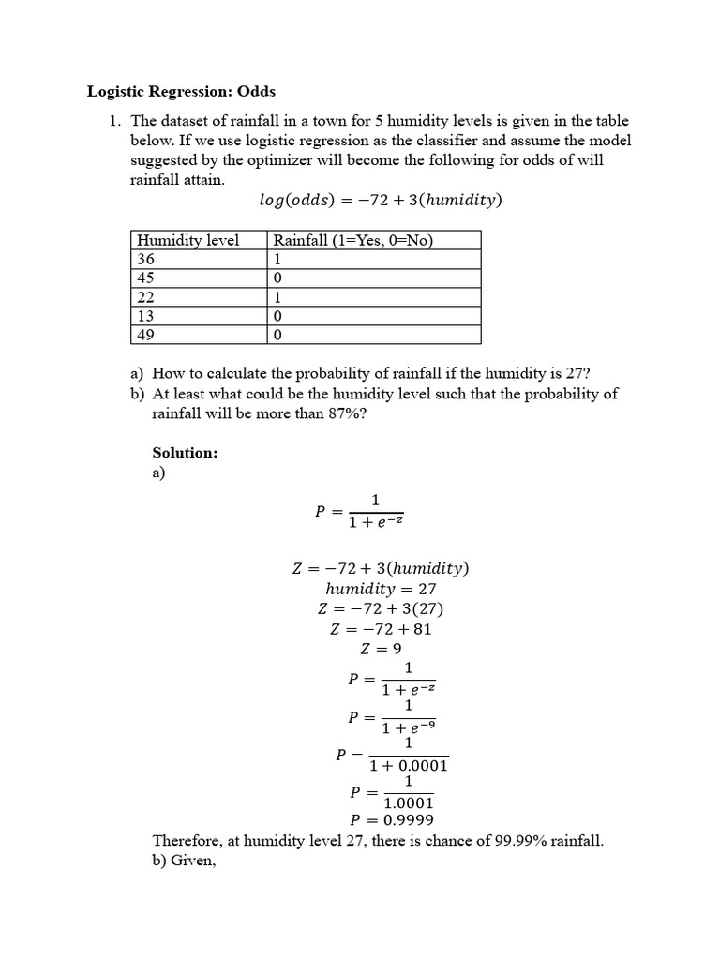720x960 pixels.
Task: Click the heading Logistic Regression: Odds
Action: (182, 92)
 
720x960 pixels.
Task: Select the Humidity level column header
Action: (187, 240)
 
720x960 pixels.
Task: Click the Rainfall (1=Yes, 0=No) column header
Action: (352, 240)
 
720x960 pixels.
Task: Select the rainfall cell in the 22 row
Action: (277, 297)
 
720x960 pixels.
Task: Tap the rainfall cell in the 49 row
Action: (277, 335)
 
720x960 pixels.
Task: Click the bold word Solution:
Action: (185, 453)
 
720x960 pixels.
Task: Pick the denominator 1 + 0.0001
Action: (409, 766)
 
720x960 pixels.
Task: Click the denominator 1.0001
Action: (409, 803)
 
